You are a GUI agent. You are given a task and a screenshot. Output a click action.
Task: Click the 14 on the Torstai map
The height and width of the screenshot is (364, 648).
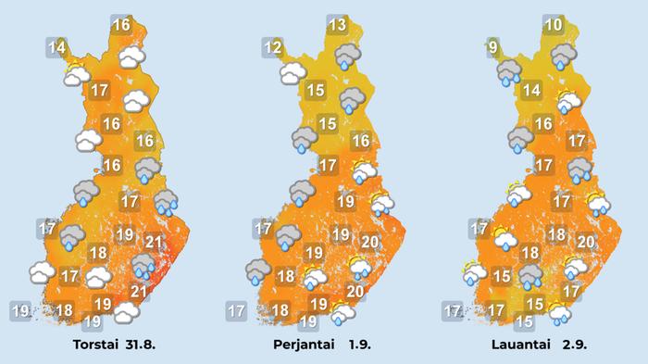click(57, 47)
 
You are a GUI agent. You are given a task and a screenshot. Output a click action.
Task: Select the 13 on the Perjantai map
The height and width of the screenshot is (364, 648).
click(336, 25)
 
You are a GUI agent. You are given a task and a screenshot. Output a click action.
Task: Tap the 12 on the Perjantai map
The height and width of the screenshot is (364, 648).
click(272, 48)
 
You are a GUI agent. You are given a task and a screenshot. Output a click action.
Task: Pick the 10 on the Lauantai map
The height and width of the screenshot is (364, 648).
click(554, 25)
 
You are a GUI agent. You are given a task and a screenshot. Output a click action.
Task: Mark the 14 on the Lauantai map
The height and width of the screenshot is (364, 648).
click(530, 90)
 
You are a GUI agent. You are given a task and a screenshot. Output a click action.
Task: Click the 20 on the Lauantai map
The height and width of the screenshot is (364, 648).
click(585, 242)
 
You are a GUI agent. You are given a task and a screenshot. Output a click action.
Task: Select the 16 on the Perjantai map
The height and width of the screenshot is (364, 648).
click(361, 141)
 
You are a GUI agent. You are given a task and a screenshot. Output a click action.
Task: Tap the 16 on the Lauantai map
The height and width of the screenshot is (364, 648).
click(543, 123)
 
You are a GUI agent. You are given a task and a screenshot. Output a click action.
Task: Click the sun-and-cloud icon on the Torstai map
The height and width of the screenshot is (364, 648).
click(76, 73)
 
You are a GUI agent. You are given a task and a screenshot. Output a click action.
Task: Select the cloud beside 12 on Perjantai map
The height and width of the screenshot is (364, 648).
click(293, 70)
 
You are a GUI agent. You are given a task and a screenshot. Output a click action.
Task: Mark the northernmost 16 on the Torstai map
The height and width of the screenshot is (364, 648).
click(120, 25)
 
